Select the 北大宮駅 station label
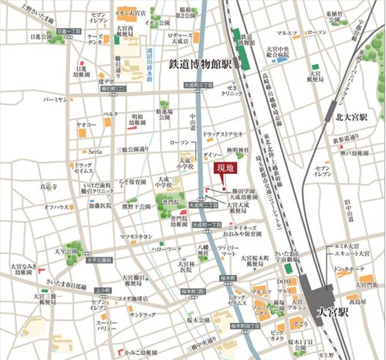[x=349, y=118]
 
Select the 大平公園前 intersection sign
[x=100, y=260]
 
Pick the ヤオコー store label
[x=86, y=123]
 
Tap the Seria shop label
[x=95, y=151]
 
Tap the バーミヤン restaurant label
[x=55, y=100]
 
